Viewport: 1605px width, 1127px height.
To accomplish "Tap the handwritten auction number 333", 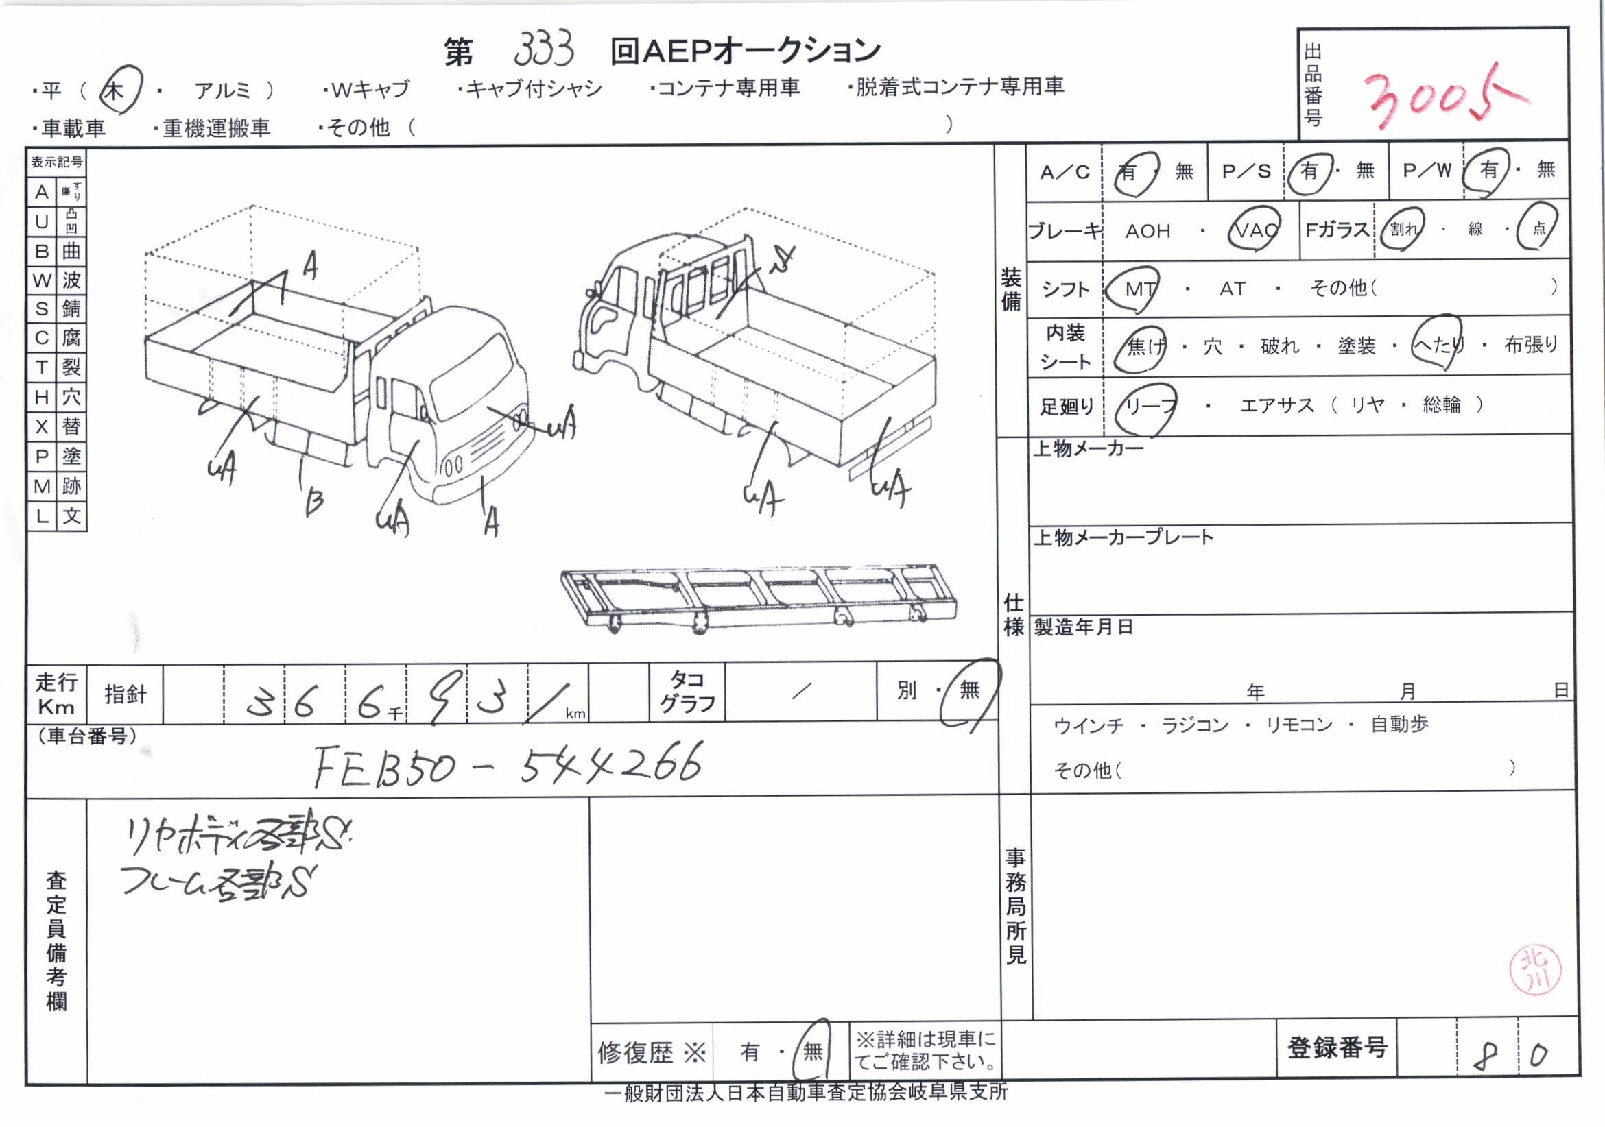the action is point(545,49).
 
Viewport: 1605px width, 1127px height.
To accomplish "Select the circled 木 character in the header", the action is point(115,90).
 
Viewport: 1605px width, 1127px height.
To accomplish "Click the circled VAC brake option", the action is point(1254,230).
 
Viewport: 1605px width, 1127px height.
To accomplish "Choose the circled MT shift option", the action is point(1139,289).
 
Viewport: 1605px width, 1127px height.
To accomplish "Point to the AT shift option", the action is point(1233,289).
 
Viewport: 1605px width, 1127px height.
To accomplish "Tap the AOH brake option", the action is point(1147,231).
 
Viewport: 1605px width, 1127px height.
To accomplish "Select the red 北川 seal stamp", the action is point(1534,970).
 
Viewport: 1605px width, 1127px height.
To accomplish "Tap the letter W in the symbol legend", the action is point(41,281).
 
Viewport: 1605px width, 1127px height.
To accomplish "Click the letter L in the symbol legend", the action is point(41,516).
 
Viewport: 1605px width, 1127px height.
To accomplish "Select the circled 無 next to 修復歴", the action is point(812,1052).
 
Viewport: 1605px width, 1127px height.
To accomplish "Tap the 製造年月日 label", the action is point(1083,627).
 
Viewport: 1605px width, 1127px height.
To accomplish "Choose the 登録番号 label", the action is point(1337,1048).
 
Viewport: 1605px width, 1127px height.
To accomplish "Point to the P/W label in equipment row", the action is point(1427,171).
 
